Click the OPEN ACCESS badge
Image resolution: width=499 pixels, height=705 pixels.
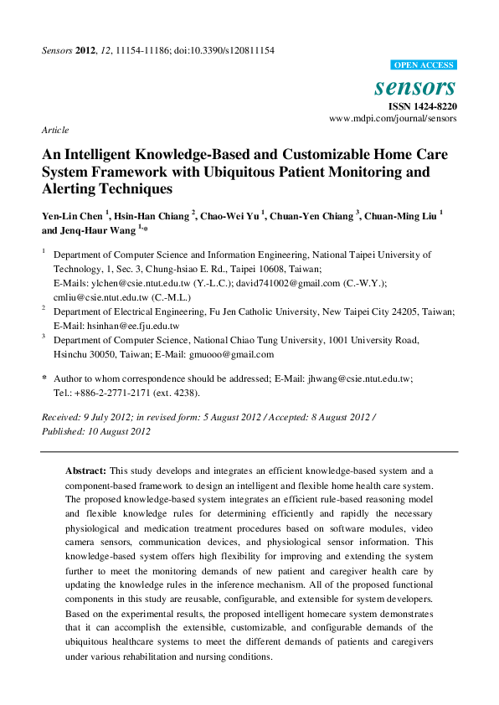(424, 65)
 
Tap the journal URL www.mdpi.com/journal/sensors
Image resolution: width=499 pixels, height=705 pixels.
(394, 119)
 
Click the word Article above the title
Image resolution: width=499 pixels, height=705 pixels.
(54, 130)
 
